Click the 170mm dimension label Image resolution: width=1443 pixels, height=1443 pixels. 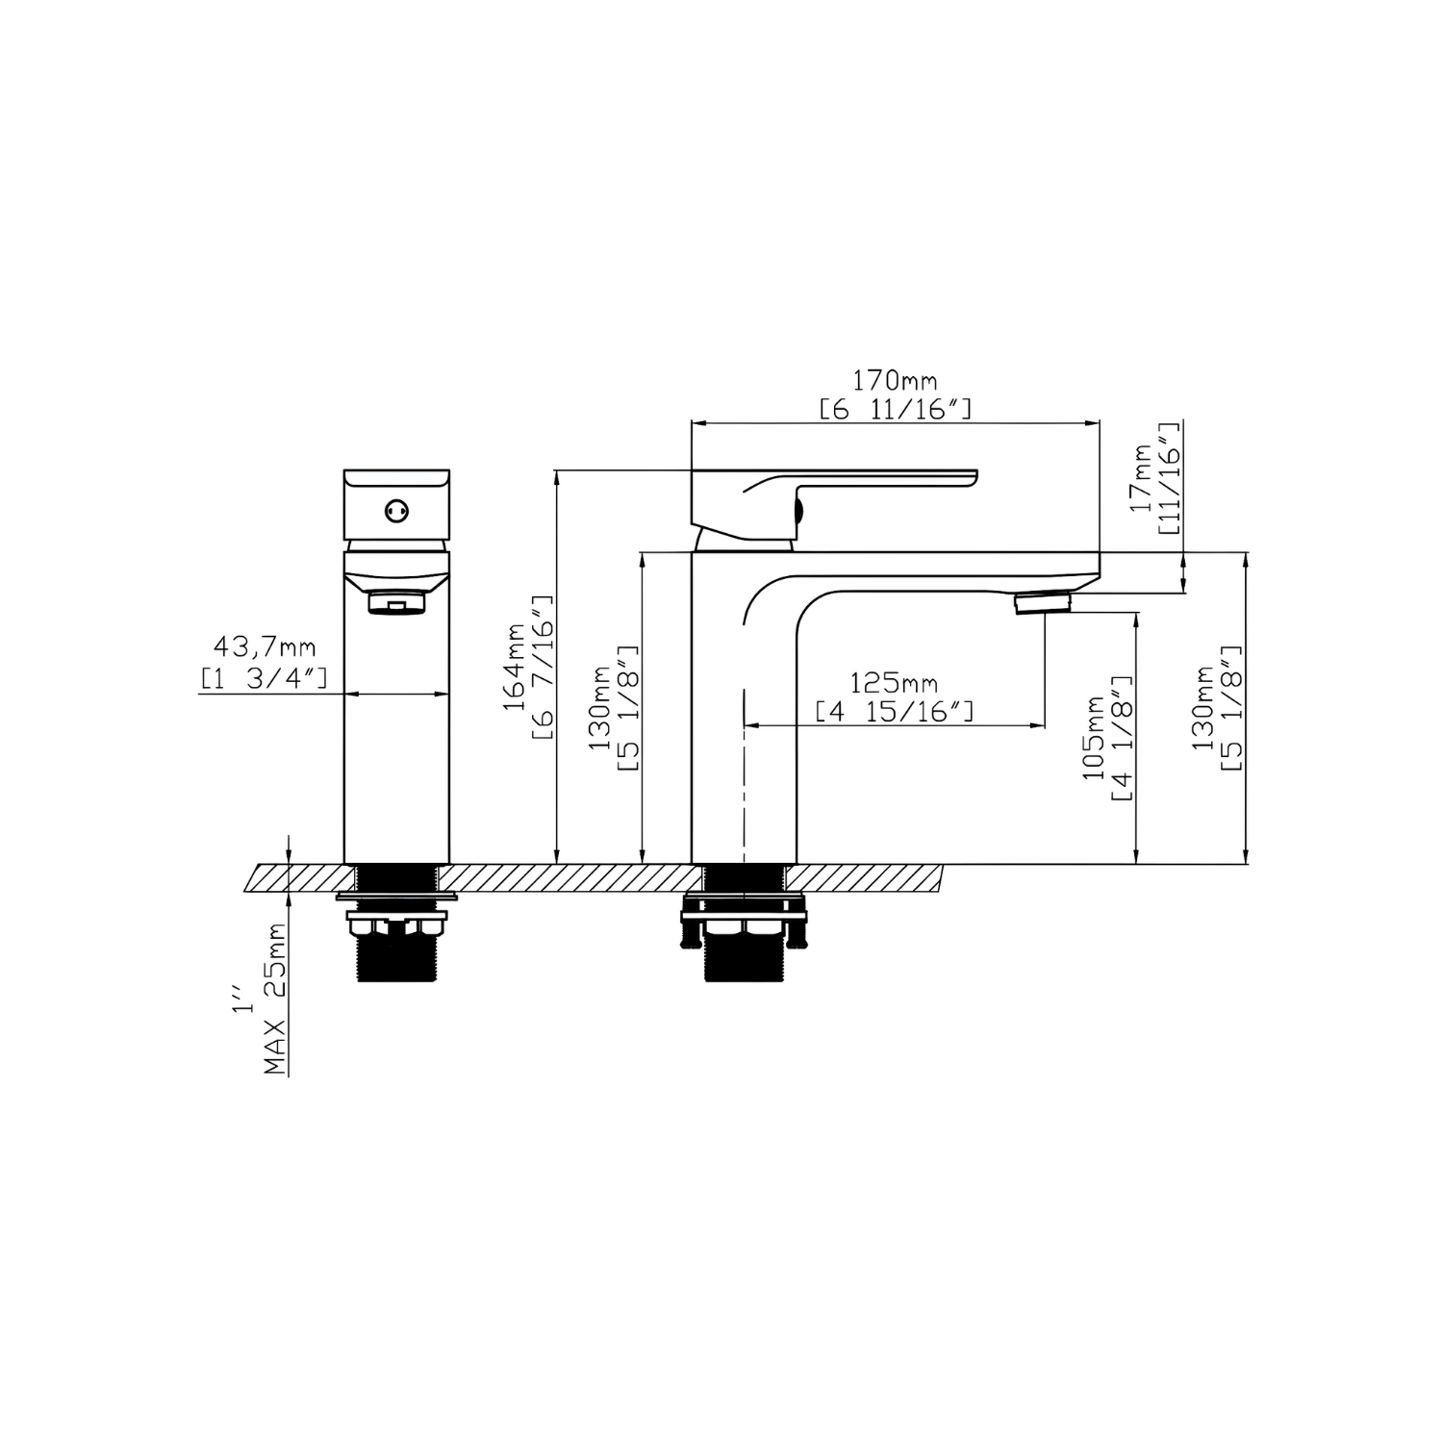point(895,380)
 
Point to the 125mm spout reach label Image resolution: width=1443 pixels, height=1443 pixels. point(895,684)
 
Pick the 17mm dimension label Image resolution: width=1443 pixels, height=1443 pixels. point(1142,478)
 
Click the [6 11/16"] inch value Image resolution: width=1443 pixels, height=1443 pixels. point(895,410)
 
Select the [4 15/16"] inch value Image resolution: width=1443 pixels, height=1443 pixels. point(895,713)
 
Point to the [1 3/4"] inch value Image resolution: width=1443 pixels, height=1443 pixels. point(264,678)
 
